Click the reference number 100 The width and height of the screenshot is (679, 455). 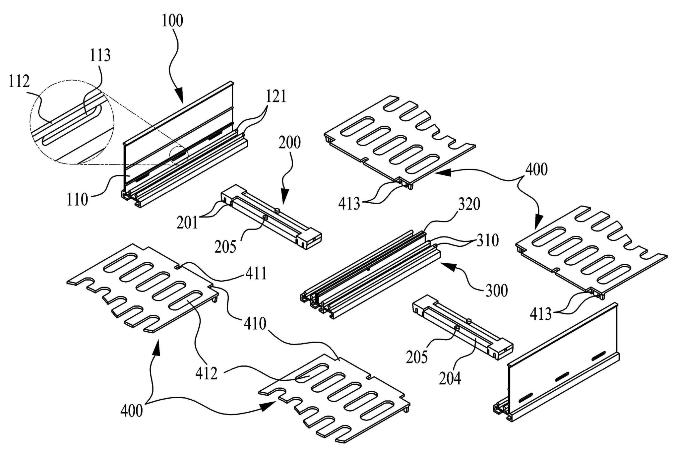172,21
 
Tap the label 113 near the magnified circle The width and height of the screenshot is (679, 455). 100,56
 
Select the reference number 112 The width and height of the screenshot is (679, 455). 19,82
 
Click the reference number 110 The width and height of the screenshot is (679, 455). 77,200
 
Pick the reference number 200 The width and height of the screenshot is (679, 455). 290,143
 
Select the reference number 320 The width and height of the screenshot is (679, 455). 469,205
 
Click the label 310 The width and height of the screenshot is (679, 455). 488,241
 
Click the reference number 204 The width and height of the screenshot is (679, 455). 450,378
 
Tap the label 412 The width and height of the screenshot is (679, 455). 207,374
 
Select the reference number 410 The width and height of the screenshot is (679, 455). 255,324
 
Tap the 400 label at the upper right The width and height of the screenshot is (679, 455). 537,170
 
